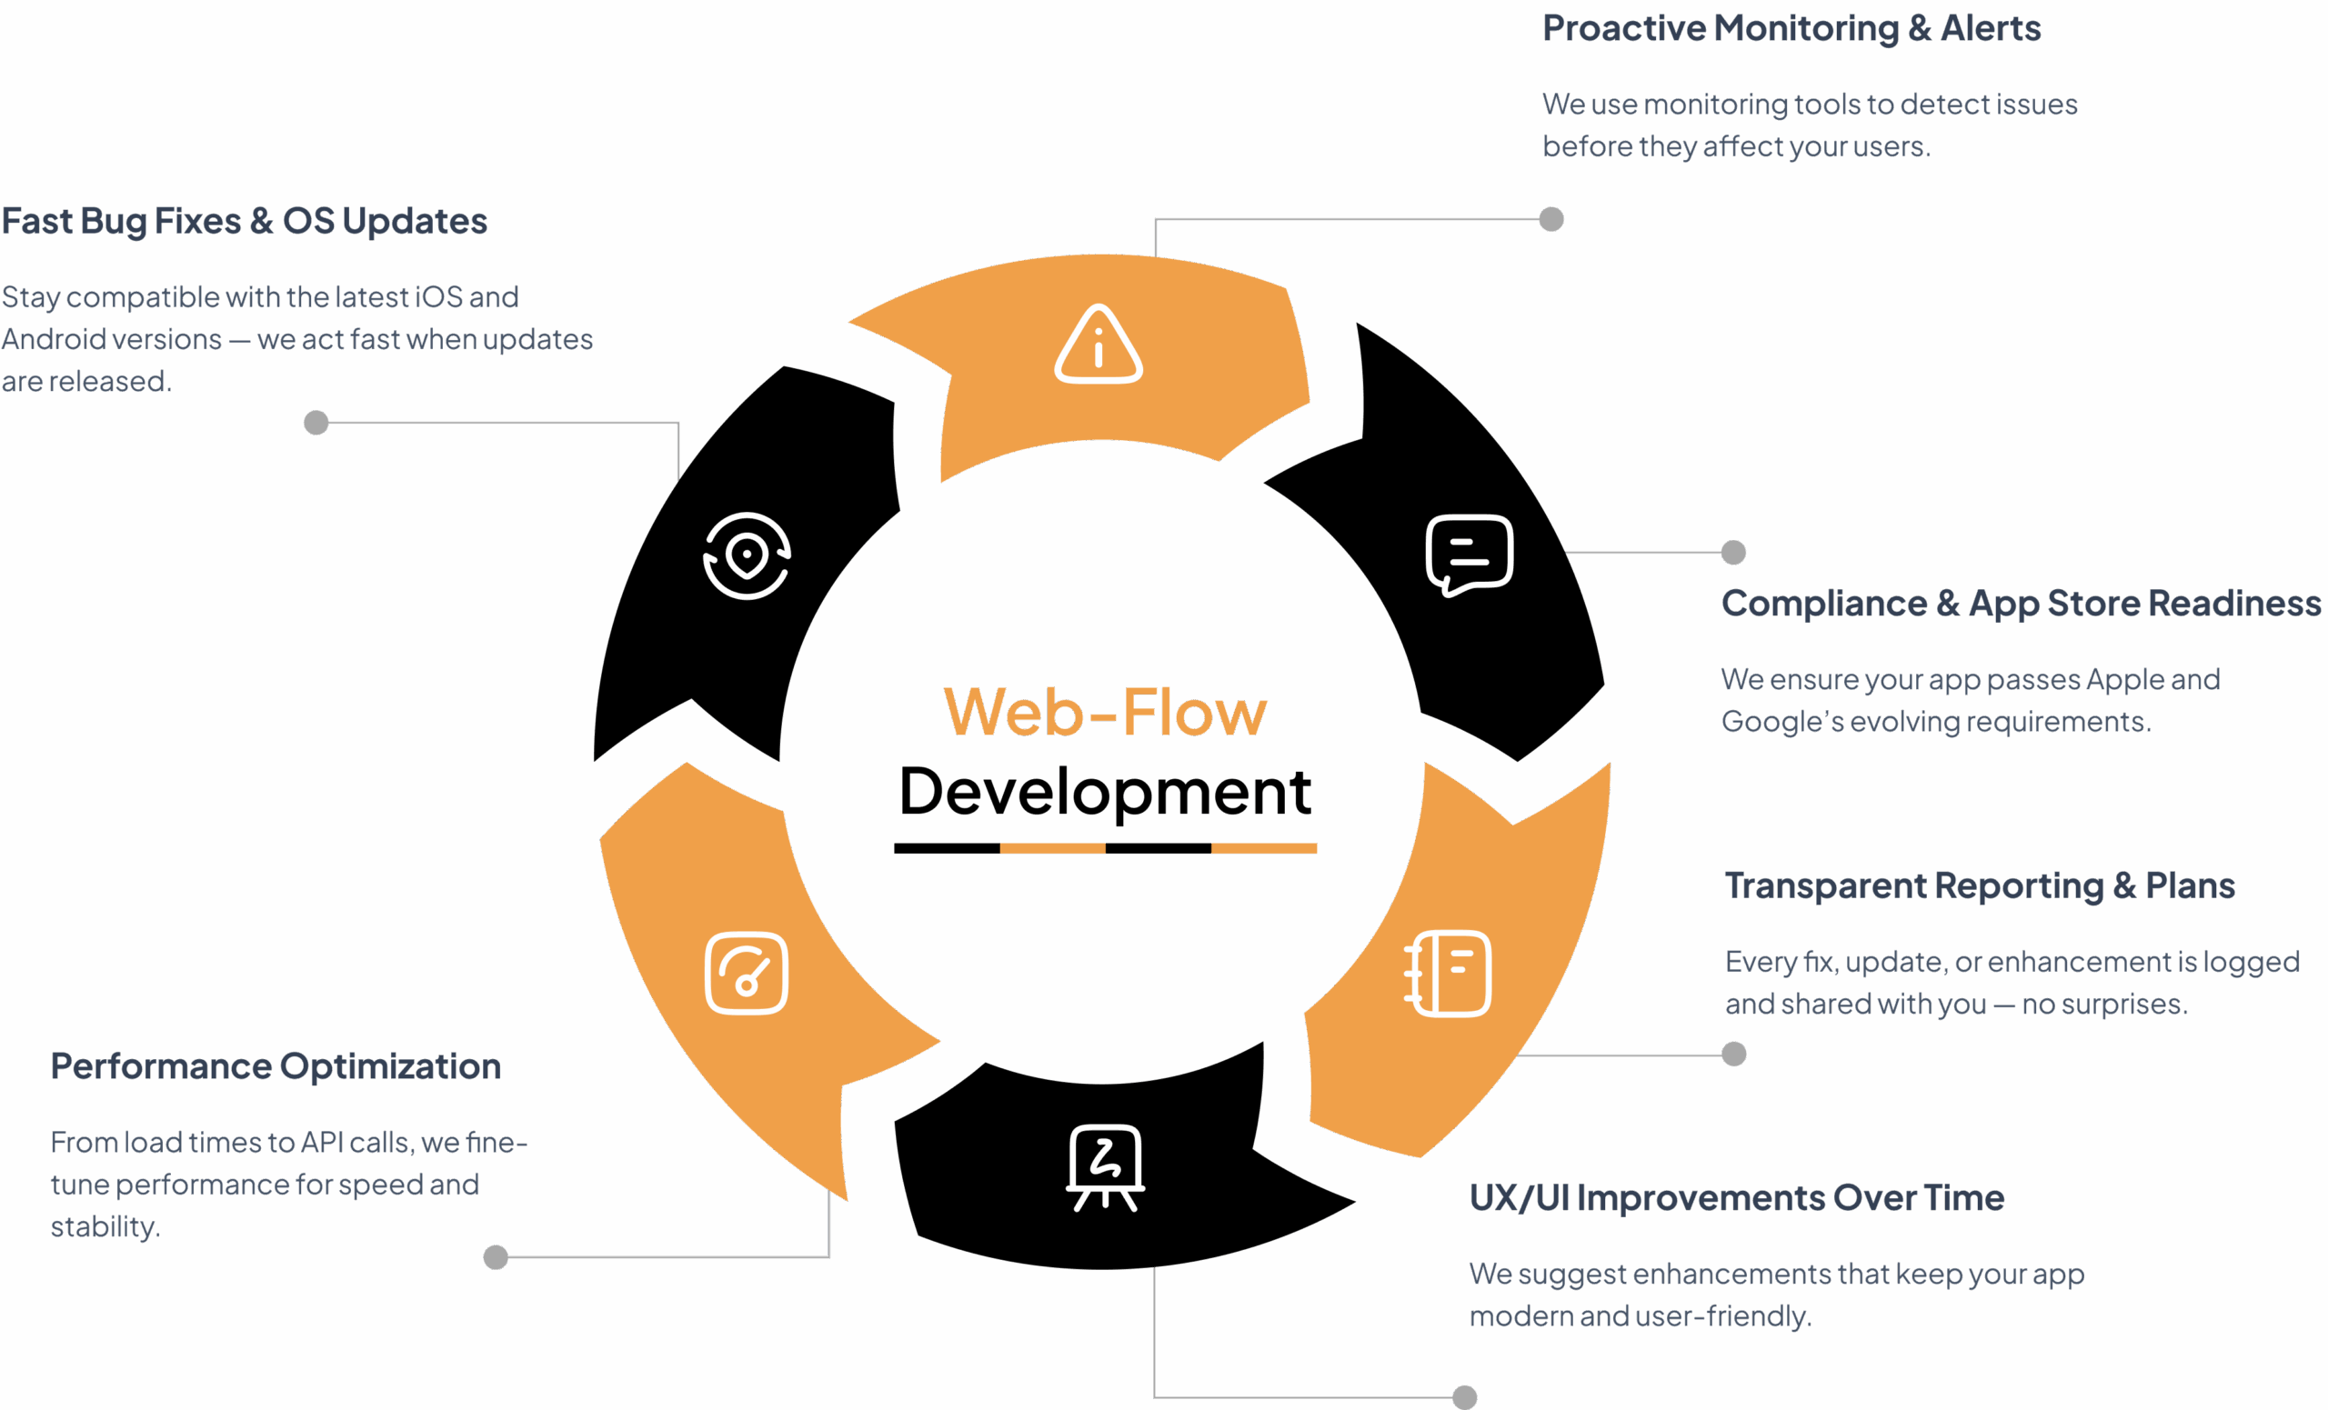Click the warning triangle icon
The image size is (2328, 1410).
click(x=1098, y=345)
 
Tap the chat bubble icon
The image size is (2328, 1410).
click(x=1470, y=555)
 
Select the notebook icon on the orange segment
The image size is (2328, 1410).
click(x=1449, y=973)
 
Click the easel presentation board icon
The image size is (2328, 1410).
click(x=1106, y=1167)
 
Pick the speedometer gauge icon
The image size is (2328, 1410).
click(x=747, y=973)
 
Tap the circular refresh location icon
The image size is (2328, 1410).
click(x=747, y=555)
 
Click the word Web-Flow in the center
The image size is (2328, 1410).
click(x=1106, y=712)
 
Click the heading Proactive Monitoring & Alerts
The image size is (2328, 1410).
click(x=1791, y=28)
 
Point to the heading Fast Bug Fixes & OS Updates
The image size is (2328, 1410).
click(x=244, y=221)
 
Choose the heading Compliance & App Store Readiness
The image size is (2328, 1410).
click(x=2021, y=603)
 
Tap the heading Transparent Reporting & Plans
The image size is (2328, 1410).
click(x=1980, y=885)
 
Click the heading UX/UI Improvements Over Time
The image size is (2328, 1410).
click(x=1737, y=1197)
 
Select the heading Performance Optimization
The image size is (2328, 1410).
click(x=275, y=1066)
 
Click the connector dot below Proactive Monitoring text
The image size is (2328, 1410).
click(x=1551, y=219)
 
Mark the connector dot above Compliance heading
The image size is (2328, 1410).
click(x=1732, y=553)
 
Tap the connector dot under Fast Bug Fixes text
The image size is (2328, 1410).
click(x=316, y=422)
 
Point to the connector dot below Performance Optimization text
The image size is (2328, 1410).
click(x=495, y=1257)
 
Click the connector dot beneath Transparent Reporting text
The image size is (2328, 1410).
click(x=1733, y=1054)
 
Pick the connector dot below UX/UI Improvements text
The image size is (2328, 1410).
click(x=1464, y=1396)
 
